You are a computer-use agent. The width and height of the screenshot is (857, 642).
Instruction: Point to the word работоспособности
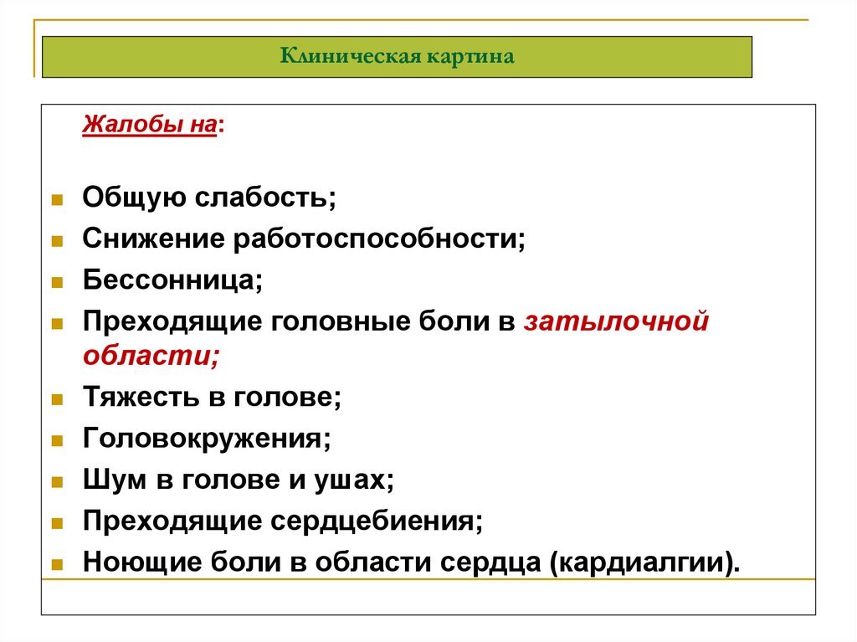pos(379,240)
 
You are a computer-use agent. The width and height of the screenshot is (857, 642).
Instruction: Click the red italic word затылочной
pos(617,321)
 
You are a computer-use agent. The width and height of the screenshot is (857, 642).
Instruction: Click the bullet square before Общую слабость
pos(57,200)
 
